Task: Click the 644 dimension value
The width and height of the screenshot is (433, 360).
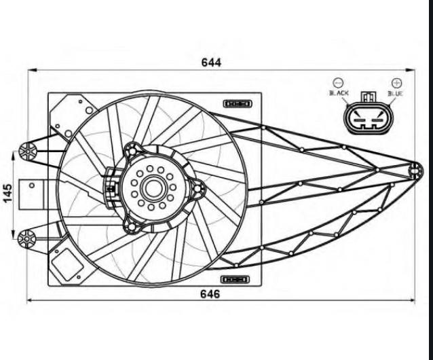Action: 211,62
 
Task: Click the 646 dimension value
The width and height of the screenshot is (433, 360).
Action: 211,294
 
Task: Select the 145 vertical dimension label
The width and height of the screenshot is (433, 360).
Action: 7,194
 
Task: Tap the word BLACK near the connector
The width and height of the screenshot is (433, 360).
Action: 339,92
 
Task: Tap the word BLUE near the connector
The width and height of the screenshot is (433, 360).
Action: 395,92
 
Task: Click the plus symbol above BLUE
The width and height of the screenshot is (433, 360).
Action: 396,82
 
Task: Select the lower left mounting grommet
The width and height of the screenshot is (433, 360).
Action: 28,237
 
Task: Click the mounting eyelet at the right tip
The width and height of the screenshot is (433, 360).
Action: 416,169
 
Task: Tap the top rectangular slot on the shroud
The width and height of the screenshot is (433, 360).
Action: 237,103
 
